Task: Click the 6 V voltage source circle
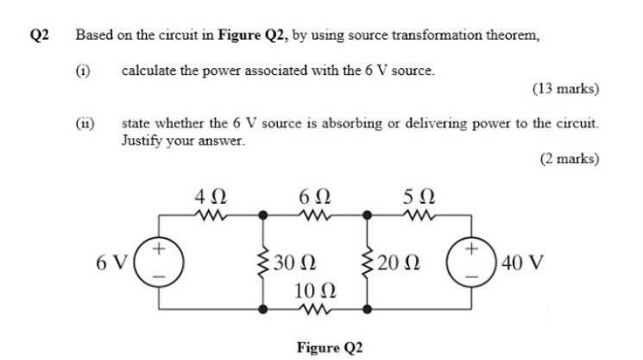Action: point(158,259)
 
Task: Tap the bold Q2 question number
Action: point(40,35)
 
